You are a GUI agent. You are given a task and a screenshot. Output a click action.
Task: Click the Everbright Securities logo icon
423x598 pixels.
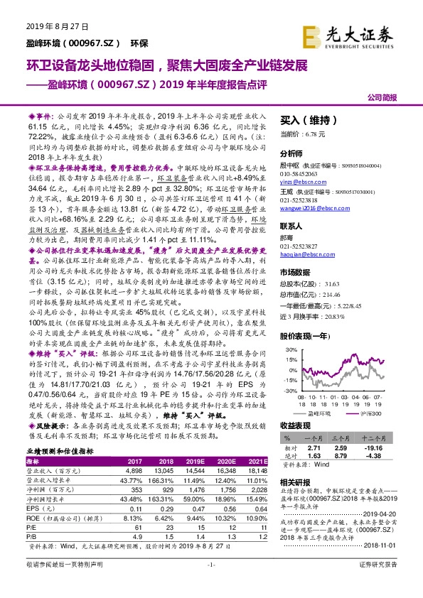click(311, 34)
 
